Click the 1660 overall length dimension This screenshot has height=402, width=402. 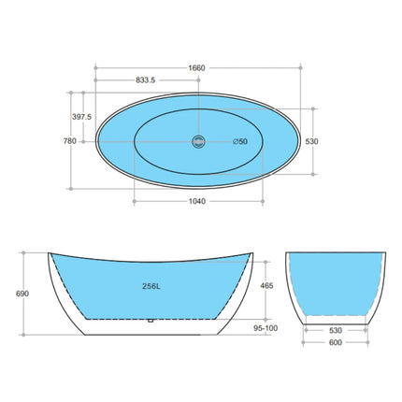coord(196,67)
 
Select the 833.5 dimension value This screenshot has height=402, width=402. coord(146,80)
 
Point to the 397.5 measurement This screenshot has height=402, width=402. coord(81,117)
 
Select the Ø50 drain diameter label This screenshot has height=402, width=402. coord(239,141)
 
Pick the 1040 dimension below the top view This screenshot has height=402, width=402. coord(196,201)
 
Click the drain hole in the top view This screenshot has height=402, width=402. coord(197,141)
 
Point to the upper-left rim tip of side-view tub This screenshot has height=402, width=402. coord(46,252)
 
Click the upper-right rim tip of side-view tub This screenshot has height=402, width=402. coord(255,252)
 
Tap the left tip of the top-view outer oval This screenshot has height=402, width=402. coord(96,141)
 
